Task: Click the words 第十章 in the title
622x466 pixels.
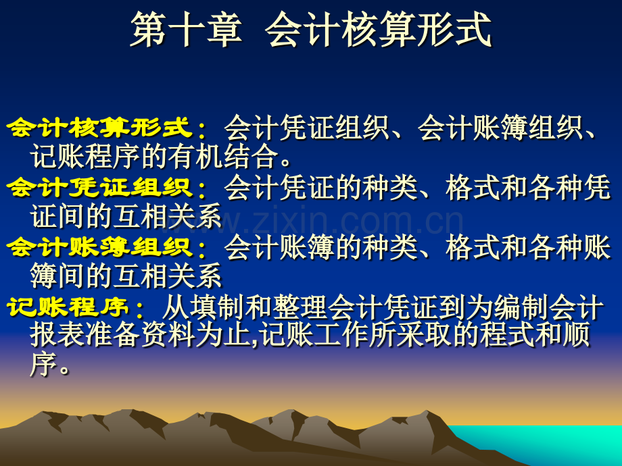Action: [x=186, y=30]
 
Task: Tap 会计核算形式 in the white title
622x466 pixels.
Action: [x=378, y=30]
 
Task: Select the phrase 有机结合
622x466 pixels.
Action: [x=223, y=157]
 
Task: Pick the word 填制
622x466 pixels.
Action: [x=218, y=307]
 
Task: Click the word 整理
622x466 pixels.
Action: [x=300, y=307]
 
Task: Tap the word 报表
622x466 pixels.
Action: [x=57, y=335]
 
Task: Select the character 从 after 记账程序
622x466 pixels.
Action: [x=176, y=307]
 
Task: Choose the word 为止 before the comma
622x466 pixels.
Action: [x=223, y=335]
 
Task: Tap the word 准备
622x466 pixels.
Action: [x=113, y=335]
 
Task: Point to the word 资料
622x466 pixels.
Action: [x=168, y=335]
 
